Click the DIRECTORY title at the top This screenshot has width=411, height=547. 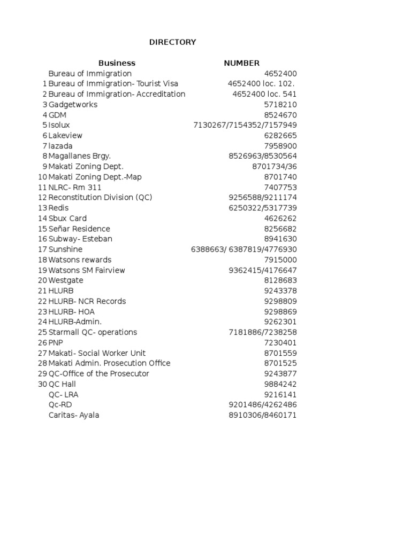172,42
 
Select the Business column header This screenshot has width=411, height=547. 117,63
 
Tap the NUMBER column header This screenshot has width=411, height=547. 241,63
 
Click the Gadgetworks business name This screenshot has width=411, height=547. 73,105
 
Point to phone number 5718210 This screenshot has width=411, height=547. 280,105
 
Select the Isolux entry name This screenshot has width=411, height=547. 59,125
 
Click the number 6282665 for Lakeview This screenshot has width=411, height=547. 280,136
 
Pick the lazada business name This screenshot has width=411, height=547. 60,146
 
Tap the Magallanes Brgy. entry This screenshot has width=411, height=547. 79,156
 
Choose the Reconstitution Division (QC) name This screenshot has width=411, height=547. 100,198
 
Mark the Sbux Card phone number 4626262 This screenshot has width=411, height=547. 280,218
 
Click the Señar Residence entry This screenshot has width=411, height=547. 79,229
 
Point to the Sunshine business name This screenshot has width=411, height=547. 65,249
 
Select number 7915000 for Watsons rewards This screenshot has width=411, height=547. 280,260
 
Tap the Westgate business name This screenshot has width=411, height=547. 66,280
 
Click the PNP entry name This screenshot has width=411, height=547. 56,342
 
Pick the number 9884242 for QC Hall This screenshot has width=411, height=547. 280,384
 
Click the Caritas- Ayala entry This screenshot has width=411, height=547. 73,415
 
